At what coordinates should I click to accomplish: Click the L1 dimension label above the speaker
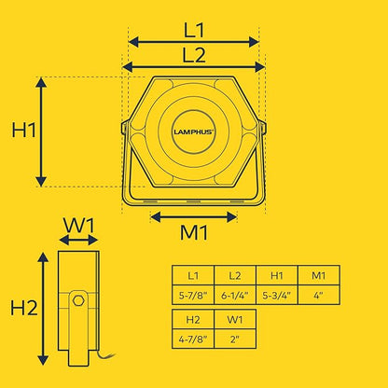coord(194,31)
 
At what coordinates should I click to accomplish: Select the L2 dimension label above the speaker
coord(194,55)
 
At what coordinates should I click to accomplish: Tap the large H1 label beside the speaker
coord(24,130)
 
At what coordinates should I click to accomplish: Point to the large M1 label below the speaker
coord(194,232)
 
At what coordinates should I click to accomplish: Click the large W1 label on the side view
coord(78,226)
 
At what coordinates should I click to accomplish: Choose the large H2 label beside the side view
coord(24,308)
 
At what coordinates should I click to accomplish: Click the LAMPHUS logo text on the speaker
coord(193,132)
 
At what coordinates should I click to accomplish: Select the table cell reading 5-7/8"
coord(193,295)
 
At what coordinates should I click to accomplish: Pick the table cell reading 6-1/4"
coord(235,295)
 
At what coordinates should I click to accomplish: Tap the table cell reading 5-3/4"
coord(277,295)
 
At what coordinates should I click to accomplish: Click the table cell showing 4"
coord(319,295)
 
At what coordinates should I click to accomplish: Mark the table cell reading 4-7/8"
coord(193,339)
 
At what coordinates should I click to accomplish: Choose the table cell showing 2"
coord(235,339)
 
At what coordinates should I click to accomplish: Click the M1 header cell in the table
coord(319,275)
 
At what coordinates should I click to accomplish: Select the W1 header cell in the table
coord(235,319)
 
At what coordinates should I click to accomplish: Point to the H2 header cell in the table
coord(193,319)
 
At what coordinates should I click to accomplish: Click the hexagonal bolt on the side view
coord(78,300)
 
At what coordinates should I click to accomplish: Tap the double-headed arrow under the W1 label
coord(78,240)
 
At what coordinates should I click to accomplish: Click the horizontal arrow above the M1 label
coord(194,217)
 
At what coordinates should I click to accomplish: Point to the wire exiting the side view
coord(105,355)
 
